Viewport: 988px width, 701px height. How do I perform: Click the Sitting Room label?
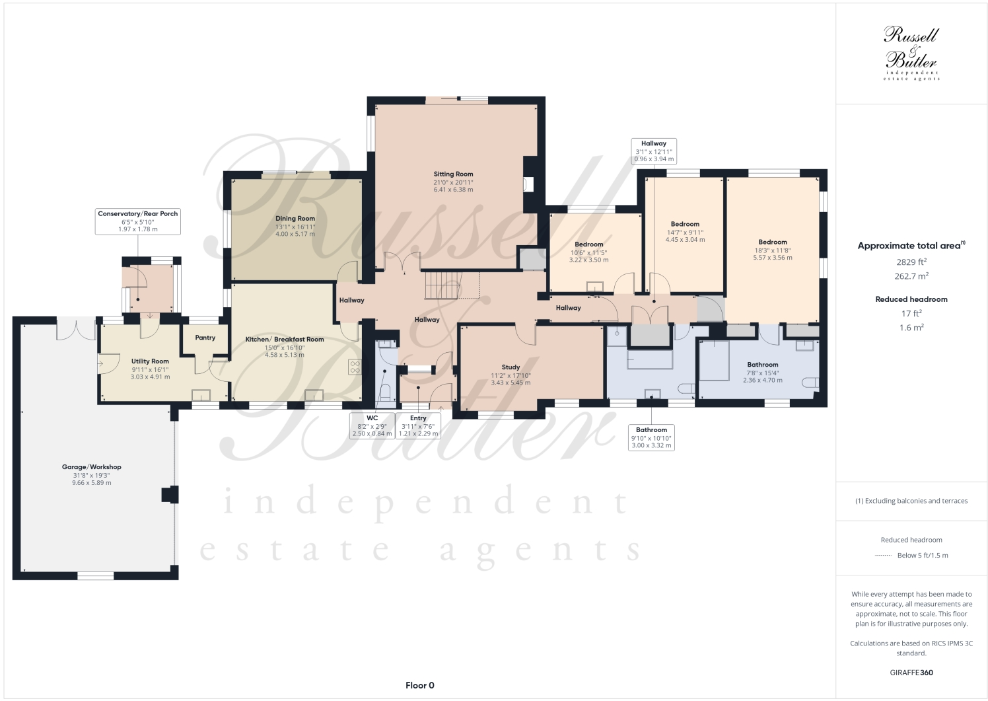[453, 174]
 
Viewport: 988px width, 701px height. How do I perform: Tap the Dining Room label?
[295, 219]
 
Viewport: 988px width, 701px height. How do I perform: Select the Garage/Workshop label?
[92, 467]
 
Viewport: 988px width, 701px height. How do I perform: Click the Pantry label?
[205, 338]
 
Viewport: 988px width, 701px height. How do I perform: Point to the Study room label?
[511, 367]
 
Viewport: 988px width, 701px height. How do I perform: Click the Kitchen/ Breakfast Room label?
[285, 340]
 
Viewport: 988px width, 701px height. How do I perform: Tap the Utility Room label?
[150, 361]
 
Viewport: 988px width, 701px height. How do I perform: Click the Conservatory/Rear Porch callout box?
[138, 221]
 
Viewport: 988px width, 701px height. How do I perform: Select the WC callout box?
[372, 425]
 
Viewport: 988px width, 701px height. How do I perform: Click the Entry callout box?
[418, 425]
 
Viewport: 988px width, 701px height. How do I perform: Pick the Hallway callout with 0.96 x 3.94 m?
[654, 151]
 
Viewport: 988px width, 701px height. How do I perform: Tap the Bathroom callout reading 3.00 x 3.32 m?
[652, 437]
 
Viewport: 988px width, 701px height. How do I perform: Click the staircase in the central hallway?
[442, 285]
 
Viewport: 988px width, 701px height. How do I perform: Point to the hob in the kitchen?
[355, 366]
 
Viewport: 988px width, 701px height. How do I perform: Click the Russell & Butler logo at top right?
[911, 53]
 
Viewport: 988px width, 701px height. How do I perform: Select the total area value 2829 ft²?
[911, 262]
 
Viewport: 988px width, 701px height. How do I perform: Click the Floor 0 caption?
[419, 685]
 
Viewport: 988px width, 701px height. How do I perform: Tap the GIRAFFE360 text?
[911, 673]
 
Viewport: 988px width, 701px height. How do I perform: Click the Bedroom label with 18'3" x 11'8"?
[773, 242]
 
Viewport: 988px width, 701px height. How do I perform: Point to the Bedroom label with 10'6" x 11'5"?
[588, 244]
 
